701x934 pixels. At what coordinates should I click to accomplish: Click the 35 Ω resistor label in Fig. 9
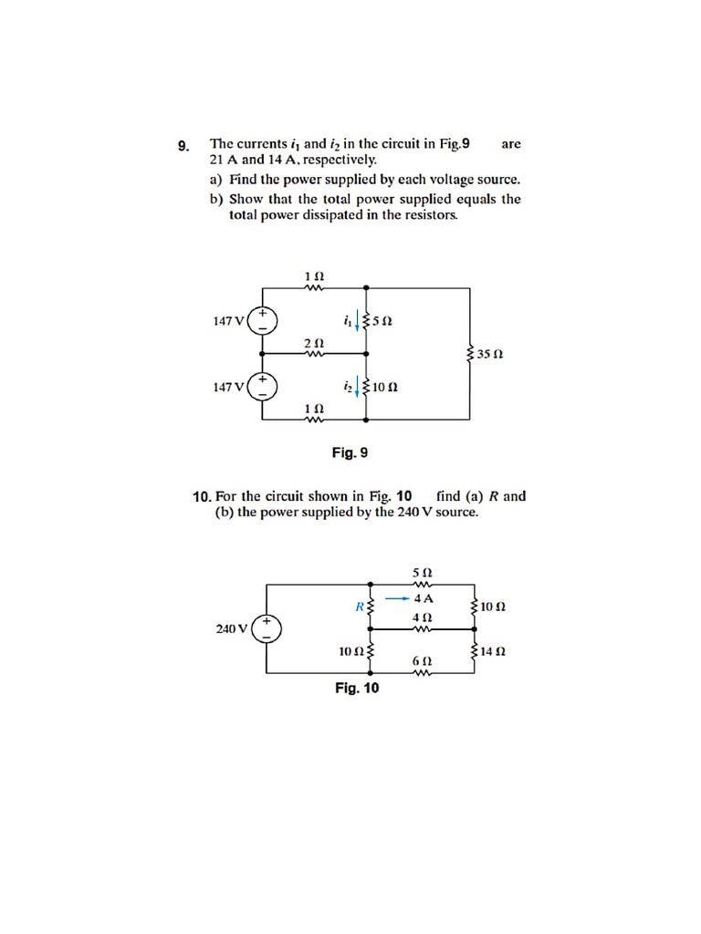pyautogui.click(x=493, y=353)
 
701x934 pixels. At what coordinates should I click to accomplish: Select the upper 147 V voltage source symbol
pyautogui.click(x=263, y=319)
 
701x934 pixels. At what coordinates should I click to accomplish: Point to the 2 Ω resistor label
pyautogui.click(x=313, y=341)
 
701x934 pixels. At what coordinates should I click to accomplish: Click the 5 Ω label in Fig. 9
pyautogui.click(x=383, y=320)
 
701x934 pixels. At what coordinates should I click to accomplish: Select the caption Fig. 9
pyautogui.click(x=350, y=452)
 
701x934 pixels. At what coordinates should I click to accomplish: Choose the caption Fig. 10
pyautogui.click(x=356, y=688)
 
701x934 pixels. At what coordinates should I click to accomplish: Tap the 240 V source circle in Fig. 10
pyautogui.click(x=267, y=628)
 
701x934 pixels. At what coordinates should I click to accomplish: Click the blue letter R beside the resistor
pyautogui.click(x=361, y=605)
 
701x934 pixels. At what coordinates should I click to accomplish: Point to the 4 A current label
pyautogui.click(x=423, y=599)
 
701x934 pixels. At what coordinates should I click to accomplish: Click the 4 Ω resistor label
pyautogui.click(x=423, y=617)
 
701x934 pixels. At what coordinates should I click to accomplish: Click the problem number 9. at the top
pyautogui.click(x=183, y=145)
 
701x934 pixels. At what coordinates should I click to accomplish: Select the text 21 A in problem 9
pyautogui.click(x=223, y=159)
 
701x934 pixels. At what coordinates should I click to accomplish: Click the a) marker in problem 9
pyautogui.click(x=216, y=179)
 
